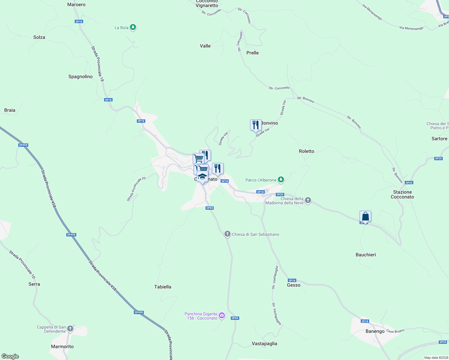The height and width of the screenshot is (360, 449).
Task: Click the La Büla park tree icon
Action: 133,28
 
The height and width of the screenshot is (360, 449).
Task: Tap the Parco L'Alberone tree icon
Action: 281,180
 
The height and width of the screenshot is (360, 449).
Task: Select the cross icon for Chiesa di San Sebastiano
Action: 228,234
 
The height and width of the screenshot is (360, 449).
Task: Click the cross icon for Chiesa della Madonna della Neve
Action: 308,200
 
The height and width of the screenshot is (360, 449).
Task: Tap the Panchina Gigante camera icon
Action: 222,315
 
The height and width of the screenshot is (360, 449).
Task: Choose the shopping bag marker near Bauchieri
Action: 365,216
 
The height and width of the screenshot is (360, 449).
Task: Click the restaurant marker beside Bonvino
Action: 255,125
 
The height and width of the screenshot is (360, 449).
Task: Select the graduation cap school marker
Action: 202,176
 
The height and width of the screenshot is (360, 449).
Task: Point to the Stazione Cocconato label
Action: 402,194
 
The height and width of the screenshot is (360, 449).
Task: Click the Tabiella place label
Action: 163,287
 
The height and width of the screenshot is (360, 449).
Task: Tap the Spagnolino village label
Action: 80,76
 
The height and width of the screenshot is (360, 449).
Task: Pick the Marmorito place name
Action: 62,346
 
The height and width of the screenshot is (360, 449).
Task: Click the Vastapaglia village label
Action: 264,343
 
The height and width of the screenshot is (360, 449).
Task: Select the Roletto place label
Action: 306,151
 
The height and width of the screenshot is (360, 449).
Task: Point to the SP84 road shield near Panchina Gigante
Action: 235,318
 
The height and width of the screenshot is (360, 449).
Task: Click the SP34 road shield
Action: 443,342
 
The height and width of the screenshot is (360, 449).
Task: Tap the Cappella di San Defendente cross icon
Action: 70,328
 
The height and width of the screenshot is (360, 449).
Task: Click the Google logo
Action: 10,356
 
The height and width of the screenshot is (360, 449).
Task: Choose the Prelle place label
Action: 252,53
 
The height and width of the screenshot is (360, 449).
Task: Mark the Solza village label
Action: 39,37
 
